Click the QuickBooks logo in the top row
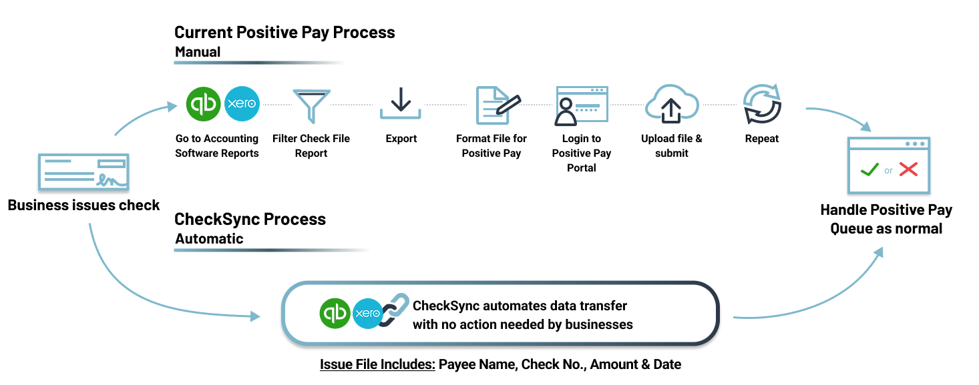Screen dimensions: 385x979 click(x=203, y=105)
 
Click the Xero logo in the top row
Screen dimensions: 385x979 click(x=242, y=105)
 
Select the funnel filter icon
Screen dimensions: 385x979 click(x=311, y=105)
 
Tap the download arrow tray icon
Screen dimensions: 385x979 click(x=401, y=104)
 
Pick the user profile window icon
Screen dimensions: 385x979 click(x=581, y=105)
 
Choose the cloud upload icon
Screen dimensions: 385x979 click(x=672, y=104)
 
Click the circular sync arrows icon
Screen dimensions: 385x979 click(x=762, y=105)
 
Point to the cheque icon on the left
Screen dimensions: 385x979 click(x=83, y=173)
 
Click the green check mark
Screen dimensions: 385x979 click(x=869, y=169)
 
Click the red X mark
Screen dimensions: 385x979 click(x=908, y=169)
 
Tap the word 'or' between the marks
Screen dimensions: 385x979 click(x=888, y=171)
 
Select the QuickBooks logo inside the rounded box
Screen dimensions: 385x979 click(x=335, y=313)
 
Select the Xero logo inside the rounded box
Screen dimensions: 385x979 click(x=368, y=313)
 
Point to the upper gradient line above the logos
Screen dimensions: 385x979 click(x=262, y=63)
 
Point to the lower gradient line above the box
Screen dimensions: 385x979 click(x=275, y=250)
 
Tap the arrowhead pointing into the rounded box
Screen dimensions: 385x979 click(x=255, y=316)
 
